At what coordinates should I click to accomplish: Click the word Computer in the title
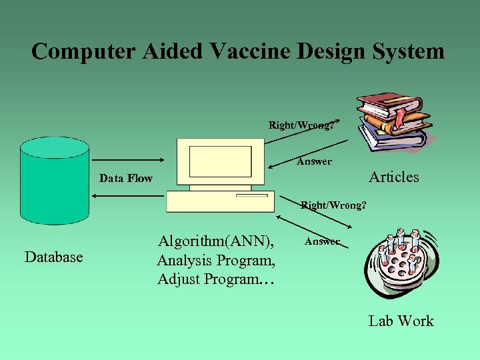pos(74,51)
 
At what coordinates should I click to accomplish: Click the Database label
pos(53,257)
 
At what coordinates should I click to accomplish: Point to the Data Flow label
pos(125,178)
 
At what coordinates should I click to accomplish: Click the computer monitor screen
pos(221,161)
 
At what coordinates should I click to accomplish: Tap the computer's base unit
pos(220,201)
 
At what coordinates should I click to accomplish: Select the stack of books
pos(393,120)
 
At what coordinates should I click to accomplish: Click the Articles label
pos(394,177)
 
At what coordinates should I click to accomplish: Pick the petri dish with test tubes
pos(401,263)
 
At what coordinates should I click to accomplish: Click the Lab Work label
pos(401,321)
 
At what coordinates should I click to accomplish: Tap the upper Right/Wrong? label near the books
pos(301,125)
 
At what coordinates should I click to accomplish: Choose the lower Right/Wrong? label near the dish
pos(333,205)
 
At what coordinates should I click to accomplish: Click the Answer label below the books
pos(314,161)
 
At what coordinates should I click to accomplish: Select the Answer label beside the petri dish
pos(322,241)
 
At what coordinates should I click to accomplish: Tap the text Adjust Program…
pos(215,279)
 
